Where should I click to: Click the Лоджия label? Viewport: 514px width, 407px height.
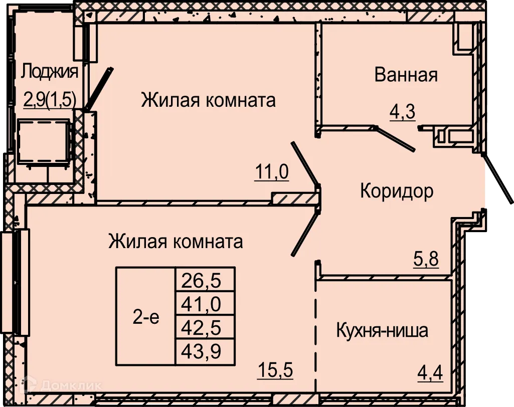[x=50, y=72]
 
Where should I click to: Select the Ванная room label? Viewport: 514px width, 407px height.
[x=406, y=75]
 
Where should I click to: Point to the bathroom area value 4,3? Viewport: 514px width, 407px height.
[x=402, y=111]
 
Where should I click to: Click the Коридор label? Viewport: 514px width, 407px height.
[x=397, y=191]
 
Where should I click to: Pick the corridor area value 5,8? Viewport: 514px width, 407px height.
[x=426, y=260]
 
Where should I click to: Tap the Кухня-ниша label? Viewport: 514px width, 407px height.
[x=382, y=331]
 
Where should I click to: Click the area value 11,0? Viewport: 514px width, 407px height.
[x=272, y=172]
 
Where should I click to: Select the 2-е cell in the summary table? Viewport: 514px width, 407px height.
[x=146, y=316]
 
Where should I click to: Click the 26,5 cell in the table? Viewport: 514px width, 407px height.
[x=205, y=279]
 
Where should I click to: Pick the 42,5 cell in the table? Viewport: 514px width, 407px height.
[x=205, y=328]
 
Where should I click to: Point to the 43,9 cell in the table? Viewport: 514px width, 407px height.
[x=205, y=352]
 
